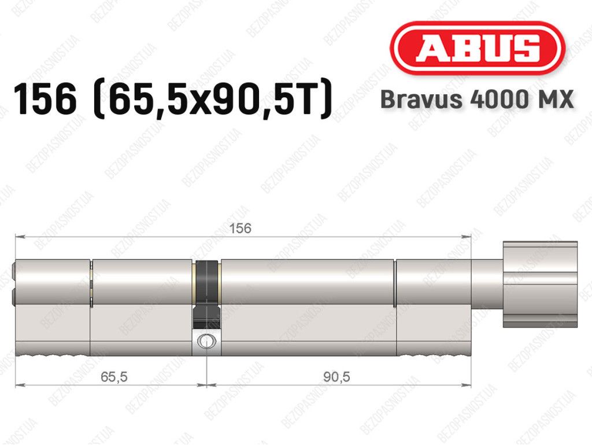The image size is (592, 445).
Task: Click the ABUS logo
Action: pyautogui.click(x=477, y=48)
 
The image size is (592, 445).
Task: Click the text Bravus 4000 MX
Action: pyautogui.click(x=477, y=100)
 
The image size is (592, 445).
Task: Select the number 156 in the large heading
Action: pyautogui.click(x=45, y=100)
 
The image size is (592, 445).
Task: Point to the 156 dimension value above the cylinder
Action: pyautogui.click(x=240, y=228)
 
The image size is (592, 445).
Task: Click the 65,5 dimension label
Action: pyautogui.click(x=114, y=376)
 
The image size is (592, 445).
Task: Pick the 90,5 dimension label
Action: pyautogui.click(x=337, y=376)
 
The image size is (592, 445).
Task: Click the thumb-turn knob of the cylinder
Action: pyautogui.click(x=541, y=284)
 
